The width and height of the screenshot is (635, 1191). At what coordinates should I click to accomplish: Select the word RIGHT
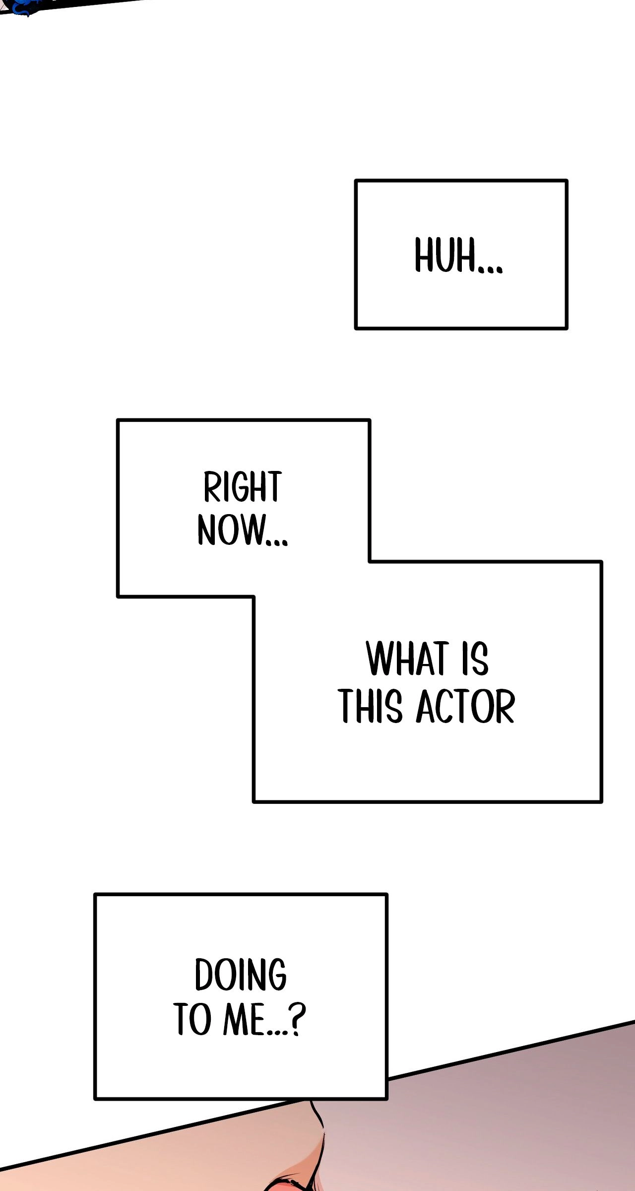(x=243, y=487)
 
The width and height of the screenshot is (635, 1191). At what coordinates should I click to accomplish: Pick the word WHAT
(x=408, y=659)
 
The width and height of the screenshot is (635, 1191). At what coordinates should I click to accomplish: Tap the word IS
(x=475, y=659)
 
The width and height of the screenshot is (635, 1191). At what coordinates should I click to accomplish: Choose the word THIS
(x=370, y=706)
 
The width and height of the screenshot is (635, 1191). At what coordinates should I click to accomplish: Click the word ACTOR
(x=465, y=706)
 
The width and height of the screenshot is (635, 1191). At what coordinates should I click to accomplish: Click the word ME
(x=244, y=1019)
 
